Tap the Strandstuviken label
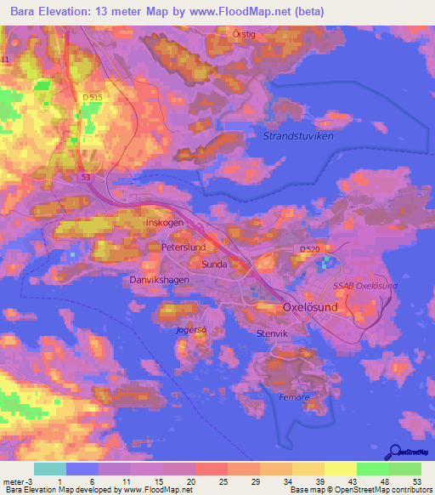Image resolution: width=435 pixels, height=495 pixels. coord(297,135)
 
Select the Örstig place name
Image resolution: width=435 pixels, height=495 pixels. coord(246,34)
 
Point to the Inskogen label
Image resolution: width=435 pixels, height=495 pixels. coord(165,224)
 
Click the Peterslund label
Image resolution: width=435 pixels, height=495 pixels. coord(184,247)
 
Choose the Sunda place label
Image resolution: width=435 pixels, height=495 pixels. coord(214,265)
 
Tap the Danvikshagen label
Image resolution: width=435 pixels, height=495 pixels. coord(157,279)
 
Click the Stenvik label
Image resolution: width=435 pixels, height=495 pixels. coord(273,334)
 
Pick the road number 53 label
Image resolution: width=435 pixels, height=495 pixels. coord(86,177)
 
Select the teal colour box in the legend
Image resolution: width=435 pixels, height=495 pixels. coord(49,469)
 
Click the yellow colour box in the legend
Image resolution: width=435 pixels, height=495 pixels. coord(340,469)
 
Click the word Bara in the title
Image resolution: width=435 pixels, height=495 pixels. coord(26,13)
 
